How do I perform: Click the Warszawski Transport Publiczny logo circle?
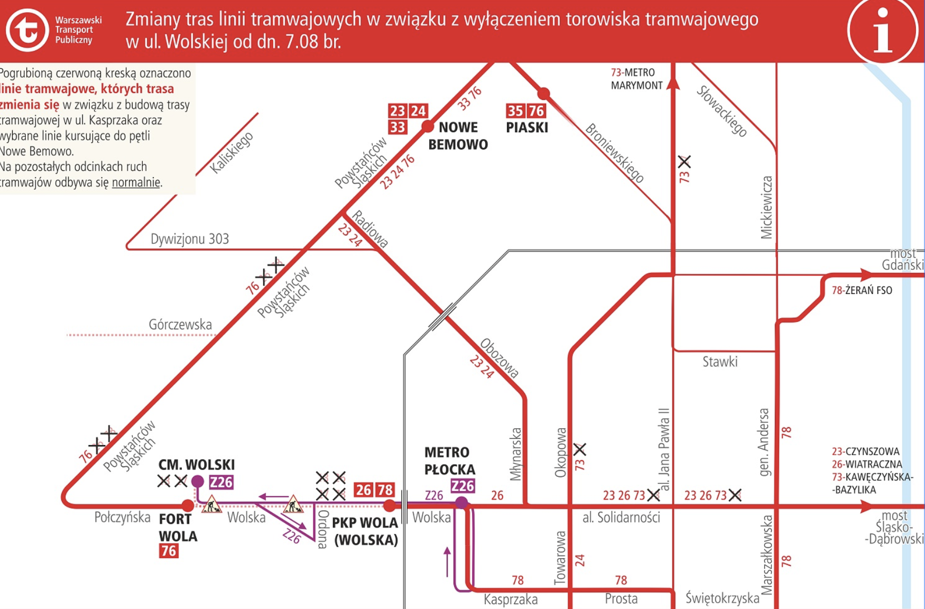[27, 30]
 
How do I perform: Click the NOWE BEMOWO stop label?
[458, 136]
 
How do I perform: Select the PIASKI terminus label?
[527, 127]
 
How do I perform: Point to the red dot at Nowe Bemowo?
[427, 126]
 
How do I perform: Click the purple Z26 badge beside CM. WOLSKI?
[221, 482]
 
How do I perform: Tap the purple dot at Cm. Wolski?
[197, 481]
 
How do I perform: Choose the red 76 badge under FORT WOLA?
[169, 551]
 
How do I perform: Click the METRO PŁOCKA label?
[450, 461]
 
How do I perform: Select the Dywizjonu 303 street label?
[190, 239]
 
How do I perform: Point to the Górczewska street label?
[180, 324]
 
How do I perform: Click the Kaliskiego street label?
[232, 152]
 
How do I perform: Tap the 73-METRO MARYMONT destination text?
[636, 79]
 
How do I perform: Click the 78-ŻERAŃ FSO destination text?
[862, 290]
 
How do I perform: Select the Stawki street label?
[720, 362]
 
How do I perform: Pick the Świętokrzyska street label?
[722, 598]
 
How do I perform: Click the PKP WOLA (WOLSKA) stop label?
[365, 531]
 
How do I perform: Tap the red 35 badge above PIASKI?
[515, 111]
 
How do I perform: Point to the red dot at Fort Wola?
[188, 505]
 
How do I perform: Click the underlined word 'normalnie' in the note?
[136, 182]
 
